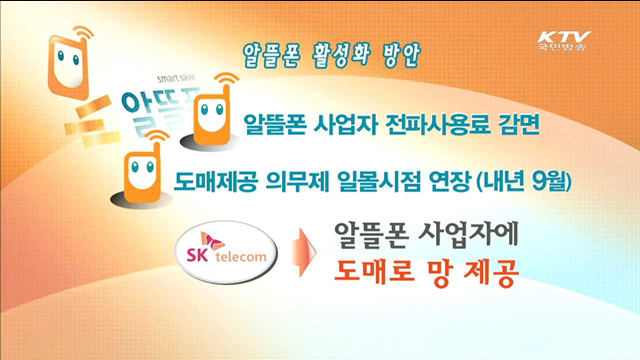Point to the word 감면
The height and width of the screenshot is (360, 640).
coord(515,126)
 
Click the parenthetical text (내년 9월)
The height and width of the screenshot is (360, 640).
coord(545,181)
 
